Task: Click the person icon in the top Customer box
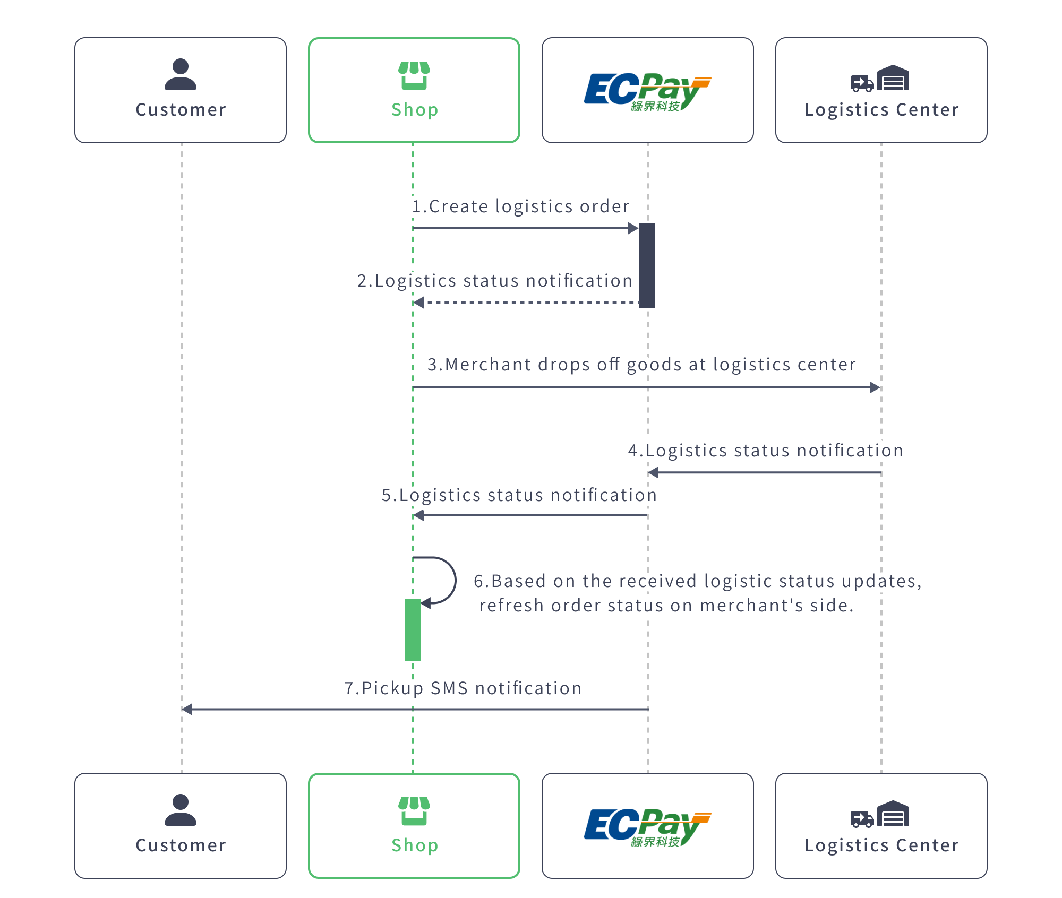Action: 181,74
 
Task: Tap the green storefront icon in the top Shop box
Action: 414,75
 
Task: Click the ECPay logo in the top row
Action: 647,91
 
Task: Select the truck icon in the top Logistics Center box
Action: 862,83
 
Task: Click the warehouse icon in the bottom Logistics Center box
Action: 893,813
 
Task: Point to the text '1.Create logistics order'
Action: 521,206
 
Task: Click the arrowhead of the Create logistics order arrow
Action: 633,228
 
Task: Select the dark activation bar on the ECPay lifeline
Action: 647,265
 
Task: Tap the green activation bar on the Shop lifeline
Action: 413,630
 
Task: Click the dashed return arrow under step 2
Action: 526,303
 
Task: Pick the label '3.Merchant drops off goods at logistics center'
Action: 641,365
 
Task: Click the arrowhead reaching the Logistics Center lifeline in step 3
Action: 875,387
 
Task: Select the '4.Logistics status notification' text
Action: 765,451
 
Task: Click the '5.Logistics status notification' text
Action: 519,495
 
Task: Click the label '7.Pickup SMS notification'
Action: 463,688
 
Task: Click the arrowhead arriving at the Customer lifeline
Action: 187,709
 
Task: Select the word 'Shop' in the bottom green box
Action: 415,845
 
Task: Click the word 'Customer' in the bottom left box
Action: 181,845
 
